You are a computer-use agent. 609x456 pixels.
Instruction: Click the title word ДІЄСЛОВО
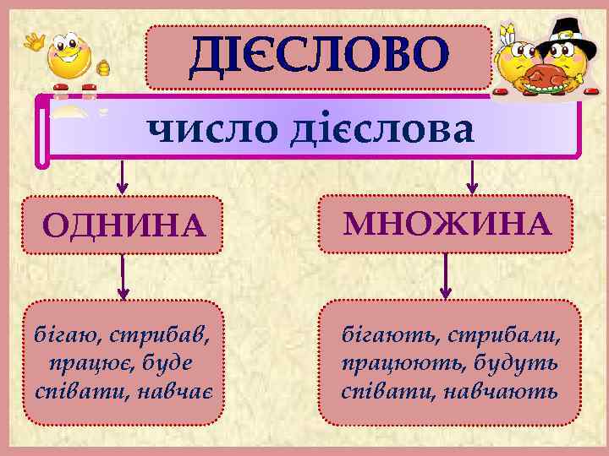tap(318, 56)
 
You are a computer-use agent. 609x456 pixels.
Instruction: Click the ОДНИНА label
tap(123, 225)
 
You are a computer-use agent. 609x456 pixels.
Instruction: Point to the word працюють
tap(394, 364)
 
